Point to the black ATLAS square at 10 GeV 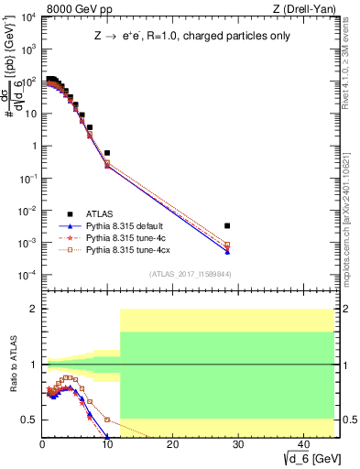[x=107, y=153]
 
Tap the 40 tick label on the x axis [x=302, y=445]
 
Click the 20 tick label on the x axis [x=172, y=445]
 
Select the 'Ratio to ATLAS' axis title [x=12, y=365]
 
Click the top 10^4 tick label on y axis [x=29, y=17]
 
